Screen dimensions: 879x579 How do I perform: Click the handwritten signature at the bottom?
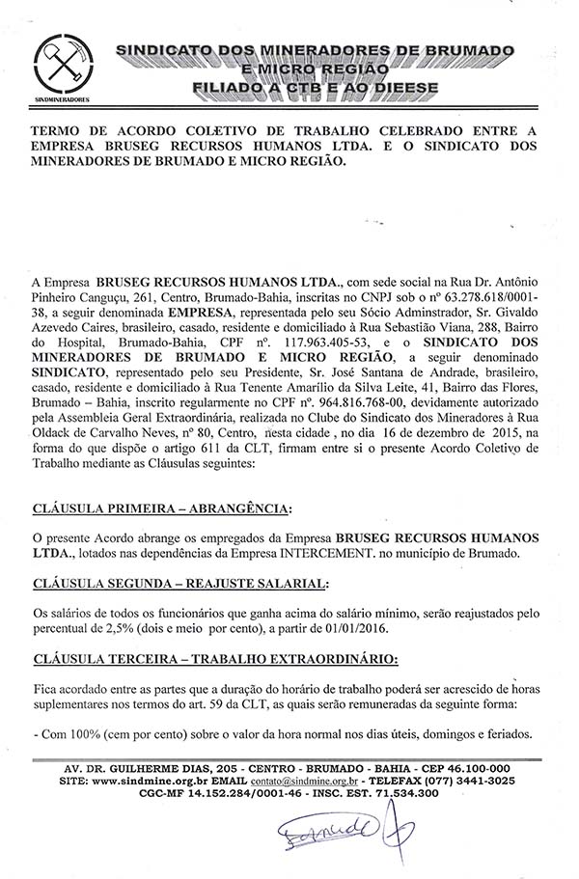pos(337,837)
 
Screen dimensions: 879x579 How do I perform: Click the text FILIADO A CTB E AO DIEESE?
pos(328,88)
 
